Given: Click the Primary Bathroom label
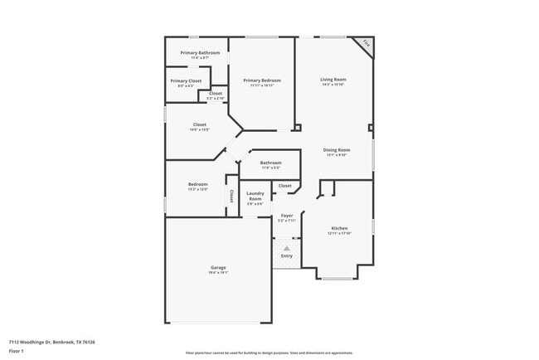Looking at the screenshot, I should (x=200, y=52).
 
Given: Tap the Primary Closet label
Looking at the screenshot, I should (x=186, y=80).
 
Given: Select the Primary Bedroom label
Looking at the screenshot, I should (x=262, y=80).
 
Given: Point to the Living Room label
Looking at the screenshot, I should (x=333, y=80).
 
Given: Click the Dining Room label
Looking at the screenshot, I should (x=336, y=150).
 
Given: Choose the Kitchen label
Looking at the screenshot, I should (x=339, y=228).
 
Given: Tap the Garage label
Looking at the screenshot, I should (x=218, y=267).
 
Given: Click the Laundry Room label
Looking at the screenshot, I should (x=255, y=197).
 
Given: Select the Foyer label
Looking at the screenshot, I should (x=286, y=216).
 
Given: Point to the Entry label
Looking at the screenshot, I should (x=286, y=255).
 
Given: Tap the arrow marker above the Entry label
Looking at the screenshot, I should (x=286, y=247).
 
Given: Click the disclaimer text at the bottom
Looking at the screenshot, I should (x=269, y=352).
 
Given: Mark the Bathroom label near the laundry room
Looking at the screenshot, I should (x=271, y=163).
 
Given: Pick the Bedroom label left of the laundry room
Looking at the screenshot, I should (x=197, y=184).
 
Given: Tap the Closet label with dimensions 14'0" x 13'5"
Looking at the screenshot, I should (x=199, y=124).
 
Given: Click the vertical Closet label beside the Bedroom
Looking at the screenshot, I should (x=231, y=197).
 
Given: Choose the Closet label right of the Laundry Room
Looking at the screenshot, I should (x=284, y=186).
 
